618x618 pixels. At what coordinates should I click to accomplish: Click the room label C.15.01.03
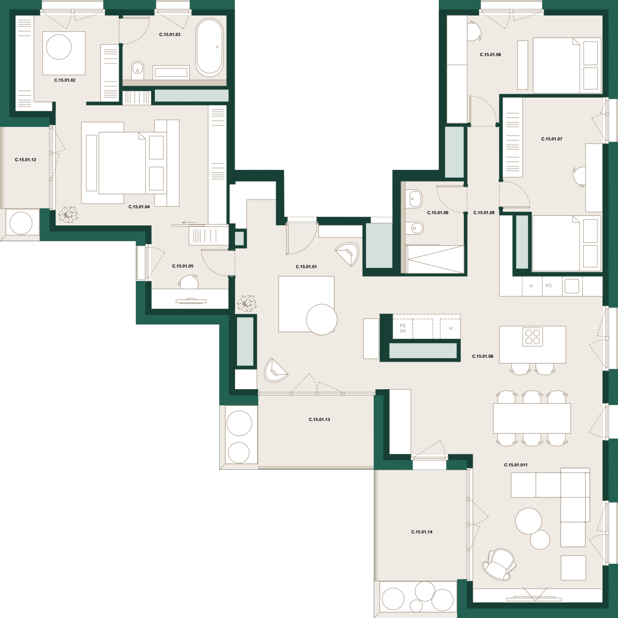click(170, 35)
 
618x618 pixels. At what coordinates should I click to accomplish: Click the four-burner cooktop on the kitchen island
click(533, 337)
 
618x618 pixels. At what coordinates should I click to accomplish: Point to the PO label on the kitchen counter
click(548, 286)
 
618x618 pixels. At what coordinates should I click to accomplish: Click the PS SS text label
click(403, 328)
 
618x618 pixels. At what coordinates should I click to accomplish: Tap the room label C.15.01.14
click(421, 532)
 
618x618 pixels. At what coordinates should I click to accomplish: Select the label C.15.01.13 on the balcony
click(319, 420)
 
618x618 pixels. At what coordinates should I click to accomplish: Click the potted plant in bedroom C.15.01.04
click(68, 214)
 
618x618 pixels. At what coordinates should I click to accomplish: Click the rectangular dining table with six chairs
click(532, 418)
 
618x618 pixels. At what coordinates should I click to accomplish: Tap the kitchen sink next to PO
click(572, 286)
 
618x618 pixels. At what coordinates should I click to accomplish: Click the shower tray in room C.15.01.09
click(435, 259)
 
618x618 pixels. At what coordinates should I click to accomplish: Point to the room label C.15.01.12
click(26, 160)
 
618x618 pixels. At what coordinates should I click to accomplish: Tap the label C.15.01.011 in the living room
click(516, 465)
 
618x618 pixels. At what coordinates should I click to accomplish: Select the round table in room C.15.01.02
click(59, 47)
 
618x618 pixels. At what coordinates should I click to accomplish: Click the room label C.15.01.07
click(551, 139)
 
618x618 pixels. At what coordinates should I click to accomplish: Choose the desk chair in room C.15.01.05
click(188, 282)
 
